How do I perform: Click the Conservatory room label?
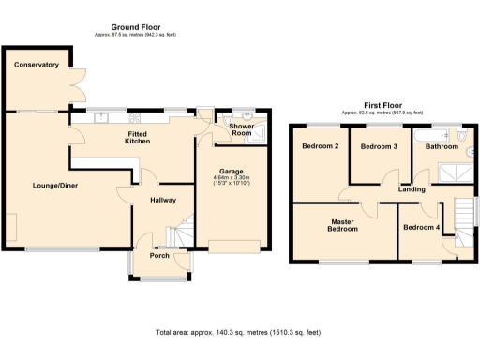(37, 66)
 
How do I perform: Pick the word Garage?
(232, 171)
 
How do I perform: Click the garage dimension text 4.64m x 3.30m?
(232, 178)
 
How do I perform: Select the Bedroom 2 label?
(320, 146)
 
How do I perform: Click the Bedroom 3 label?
(379, 146)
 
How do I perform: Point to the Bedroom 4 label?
(420, 228)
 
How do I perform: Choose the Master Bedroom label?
(342, 225)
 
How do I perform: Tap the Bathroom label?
(442, 146)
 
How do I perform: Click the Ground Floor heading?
(141, 27)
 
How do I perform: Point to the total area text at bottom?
(239, 332)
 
